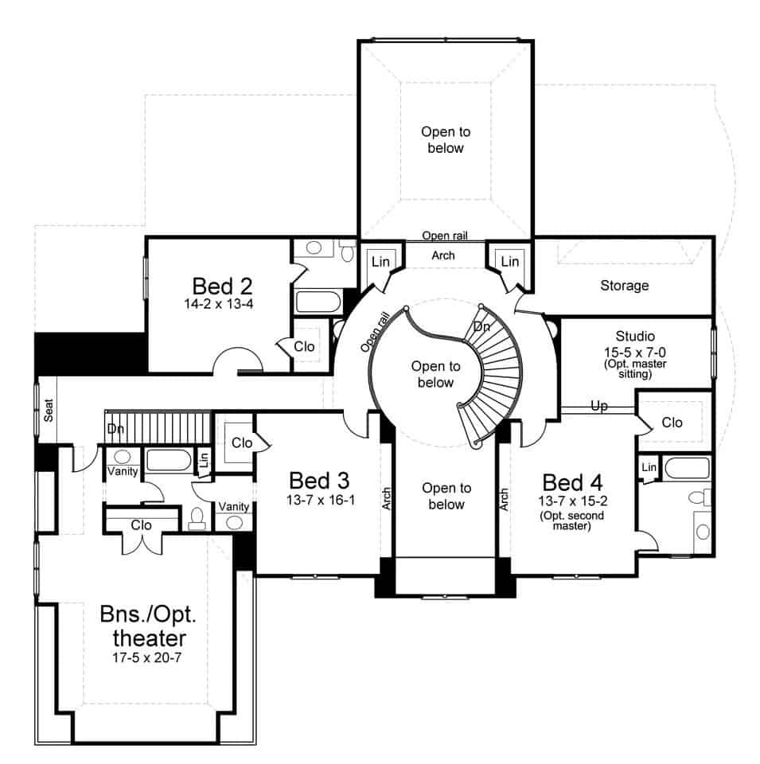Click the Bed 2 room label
coord(222,285)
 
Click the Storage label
coord(624,285)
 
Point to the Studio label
coord(635,337)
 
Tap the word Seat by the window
coord(49,410)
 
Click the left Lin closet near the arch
coord(379,261)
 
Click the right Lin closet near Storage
coord(509,261)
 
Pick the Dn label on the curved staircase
coord(481,327)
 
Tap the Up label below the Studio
coord(599,406)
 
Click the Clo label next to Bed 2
coord(304,346)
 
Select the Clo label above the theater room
coord(141,524)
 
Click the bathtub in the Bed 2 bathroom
coord(318,302)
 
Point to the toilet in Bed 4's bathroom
coord(698,499)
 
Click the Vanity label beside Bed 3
coord(233,506)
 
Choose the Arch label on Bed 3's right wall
coord(387,498)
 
